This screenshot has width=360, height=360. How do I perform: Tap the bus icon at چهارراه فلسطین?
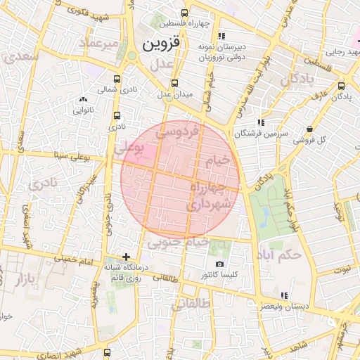point(184,13)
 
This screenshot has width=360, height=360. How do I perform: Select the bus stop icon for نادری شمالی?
point(117,79)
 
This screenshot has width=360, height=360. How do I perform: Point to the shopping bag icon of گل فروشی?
point(310,129)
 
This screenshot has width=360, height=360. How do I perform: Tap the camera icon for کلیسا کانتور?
point(219,264)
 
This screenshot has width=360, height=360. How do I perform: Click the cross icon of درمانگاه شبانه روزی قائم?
point(126,257)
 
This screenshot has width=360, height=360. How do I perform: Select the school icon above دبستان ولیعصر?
point(283,296)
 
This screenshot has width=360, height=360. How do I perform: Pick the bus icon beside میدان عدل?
point(174,83)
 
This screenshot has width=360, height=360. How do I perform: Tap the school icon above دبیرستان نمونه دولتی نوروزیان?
point(221,36)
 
